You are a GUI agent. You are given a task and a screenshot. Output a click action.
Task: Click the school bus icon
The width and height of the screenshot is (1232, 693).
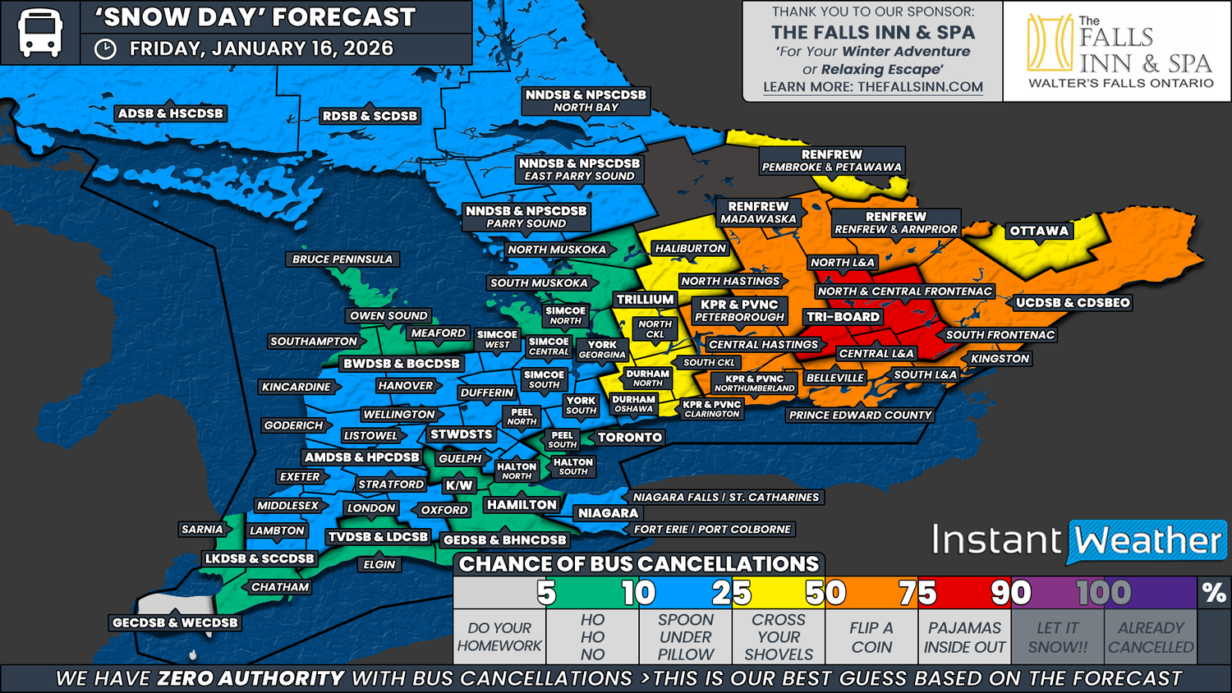(x=39, y=33)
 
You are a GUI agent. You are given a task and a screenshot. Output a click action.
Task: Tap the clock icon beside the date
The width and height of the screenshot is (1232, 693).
(x=105, y=49)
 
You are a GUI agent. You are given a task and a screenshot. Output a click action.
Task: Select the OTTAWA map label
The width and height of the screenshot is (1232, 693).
(x=1039, y=231)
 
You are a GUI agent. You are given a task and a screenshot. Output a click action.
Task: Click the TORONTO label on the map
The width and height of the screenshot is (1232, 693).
(x=629, y=438)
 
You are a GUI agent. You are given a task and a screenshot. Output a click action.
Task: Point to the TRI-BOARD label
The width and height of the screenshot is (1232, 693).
(x=843, y=317)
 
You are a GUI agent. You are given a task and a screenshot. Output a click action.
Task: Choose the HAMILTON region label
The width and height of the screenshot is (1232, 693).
(x=522, y=505)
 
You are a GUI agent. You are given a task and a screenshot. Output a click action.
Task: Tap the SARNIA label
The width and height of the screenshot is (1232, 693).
(x=202, y=530)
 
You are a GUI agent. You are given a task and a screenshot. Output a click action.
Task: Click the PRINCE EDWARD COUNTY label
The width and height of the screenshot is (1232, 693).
(x=860, y=415)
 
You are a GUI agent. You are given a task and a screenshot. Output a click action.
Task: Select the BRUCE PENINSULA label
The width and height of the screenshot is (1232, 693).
(x=342, y=259)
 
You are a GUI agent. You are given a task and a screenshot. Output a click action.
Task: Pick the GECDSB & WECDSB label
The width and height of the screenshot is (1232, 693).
(x=175, y=623)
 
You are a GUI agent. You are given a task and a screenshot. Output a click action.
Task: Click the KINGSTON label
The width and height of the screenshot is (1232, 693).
(x=1000, y=359)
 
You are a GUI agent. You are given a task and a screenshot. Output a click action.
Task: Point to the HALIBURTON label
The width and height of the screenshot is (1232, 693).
(x=690, y=249)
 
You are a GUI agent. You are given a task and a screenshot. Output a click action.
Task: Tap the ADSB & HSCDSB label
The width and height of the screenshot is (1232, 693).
(x=170, y=114)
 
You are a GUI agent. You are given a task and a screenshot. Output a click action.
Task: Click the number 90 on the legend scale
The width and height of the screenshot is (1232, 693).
(x=1010, y=593)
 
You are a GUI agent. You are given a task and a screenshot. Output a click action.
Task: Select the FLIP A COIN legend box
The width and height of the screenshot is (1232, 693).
(x=871, y=637)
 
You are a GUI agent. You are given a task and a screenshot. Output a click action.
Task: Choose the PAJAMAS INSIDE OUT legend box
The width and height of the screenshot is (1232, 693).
(x=964, y=637)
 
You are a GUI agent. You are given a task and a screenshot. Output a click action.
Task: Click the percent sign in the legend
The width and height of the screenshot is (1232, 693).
(x=1213, y=593)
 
